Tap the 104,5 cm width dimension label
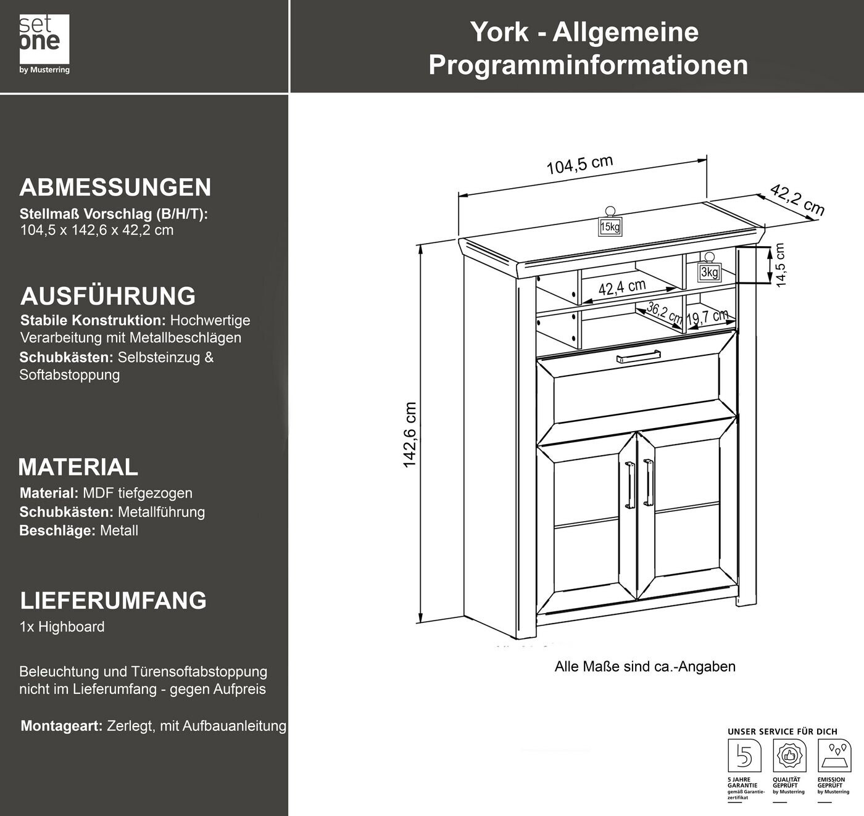[579, 165]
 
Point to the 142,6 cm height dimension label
[410, 435]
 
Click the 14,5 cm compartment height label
[779, 264]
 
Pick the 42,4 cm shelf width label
[621, 287]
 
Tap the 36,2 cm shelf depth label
[664, 314]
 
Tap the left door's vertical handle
[629, 485]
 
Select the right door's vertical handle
[647, 482]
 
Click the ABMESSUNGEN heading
[115, 188]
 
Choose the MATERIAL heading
[78, 467]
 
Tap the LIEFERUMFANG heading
[114, 601]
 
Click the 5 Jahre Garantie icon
[744, 756]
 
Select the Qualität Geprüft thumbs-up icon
[789, 756]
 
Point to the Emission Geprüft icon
[834, 756]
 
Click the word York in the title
[499, 32]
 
